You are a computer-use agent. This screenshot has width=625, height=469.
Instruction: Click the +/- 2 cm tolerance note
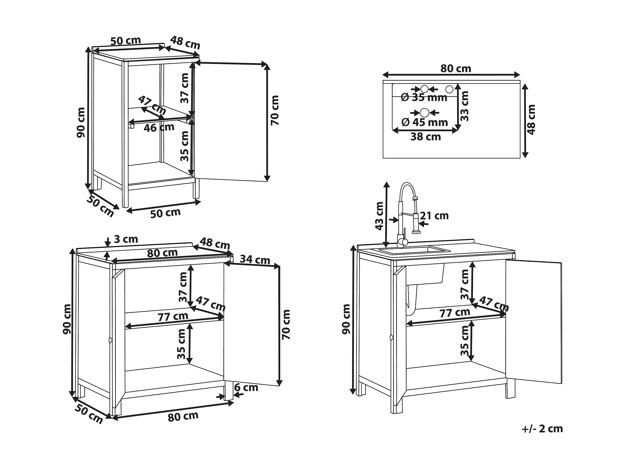pos(542,429)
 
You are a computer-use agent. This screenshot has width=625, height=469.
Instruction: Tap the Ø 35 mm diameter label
pos(424,98)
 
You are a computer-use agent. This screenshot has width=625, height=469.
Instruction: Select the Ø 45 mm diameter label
pos(425,122)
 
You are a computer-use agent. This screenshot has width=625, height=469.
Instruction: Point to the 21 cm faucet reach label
pos(435,216)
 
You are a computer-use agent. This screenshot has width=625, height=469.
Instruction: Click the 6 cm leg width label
pos(246,388)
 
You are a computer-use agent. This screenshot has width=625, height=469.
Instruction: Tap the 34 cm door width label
pos(255,259)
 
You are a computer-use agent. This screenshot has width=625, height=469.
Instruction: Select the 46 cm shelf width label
pos(159,127)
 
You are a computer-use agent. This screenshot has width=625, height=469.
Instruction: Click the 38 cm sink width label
pos(425,137)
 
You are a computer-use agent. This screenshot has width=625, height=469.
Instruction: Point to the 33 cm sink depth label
pos(464,106)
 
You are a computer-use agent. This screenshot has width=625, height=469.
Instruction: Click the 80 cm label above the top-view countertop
pos(456,68)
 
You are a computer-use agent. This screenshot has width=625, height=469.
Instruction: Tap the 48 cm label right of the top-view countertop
pos(531,120)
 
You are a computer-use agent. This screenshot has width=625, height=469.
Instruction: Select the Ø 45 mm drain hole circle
pos(424,113)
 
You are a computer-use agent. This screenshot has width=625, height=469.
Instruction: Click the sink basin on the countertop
pos(414,250)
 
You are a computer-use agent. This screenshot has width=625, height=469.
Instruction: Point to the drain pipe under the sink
pos(411,300)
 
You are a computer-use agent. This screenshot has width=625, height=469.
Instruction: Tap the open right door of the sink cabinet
pos(534,321)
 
